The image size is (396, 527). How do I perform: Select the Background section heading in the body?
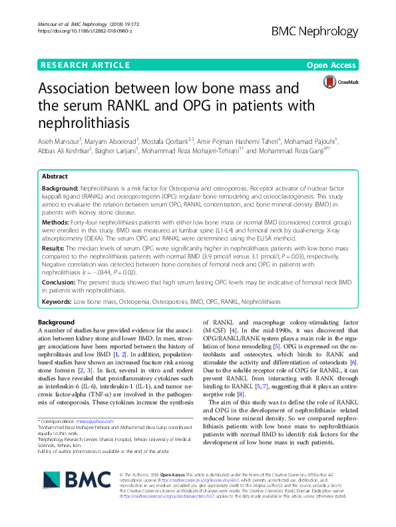pyautogui.click(x=57, y=322)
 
